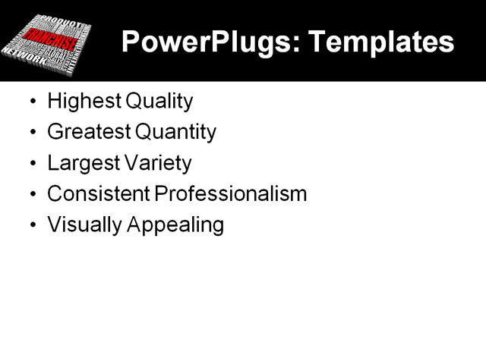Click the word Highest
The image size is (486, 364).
(x=78, y=101)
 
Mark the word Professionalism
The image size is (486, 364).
(x=231, y=194)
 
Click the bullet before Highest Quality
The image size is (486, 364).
(x=31, y=102)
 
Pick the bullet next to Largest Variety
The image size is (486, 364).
(x=31, y=164)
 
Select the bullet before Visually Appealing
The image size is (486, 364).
(x=31, y=226)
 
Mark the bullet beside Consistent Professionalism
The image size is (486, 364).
(x=31, y=195)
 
